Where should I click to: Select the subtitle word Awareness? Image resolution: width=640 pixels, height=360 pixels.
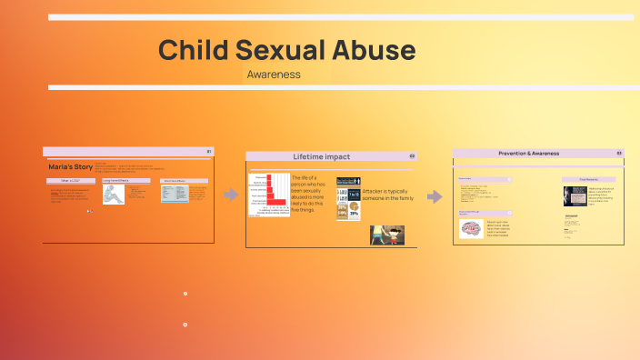(274, 75)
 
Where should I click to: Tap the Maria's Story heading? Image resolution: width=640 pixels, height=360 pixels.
(70, 167)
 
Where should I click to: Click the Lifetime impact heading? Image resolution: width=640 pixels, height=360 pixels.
(321, 156)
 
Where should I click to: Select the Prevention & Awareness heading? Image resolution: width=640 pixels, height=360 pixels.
(529, 154)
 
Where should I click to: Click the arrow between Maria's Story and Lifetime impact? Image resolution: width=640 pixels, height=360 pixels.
(231, 195)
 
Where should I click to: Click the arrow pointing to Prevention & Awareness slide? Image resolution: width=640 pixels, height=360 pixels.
(435, 196)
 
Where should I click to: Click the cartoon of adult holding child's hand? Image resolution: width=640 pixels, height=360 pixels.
(386, 235)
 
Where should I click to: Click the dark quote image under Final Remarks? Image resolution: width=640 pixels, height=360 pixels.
(575, 195)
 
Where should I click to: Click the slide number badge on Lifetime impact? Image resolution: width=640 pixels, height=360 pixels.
(412, 156)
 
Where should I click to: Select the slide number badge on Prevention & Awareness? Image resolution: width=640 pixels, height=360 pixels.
(619, 154)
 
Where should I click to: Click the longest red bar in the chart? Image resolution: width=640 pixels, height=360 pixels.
(276, 201)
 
